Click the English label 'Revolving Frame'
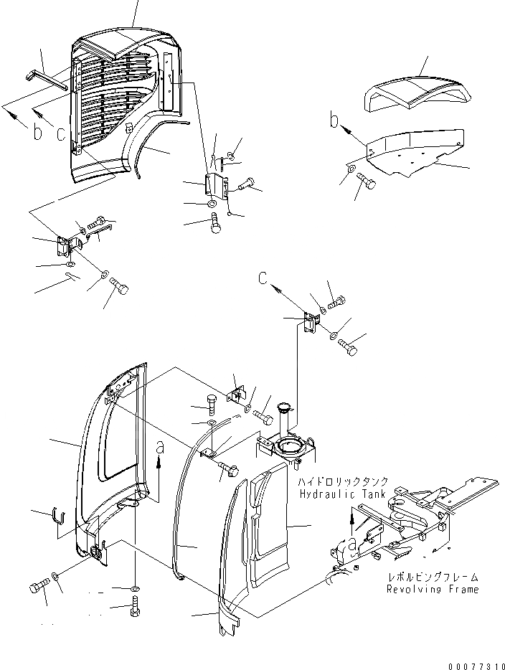(x=433, y=589)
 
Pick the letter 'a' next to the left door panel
(x=160, y=448)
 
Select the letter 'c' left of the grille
(x=61, y=133)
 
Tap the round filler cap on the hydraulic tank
(x=283, y=411)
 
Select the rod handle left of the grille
(x=49, y=78)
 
